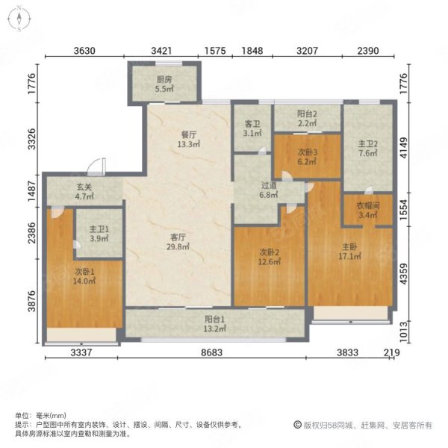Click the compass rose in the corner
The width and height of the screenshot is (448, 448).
click(x=19, y=19)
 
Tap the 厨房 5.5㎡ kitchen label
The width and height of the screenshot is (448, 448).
click(x=164, y=84)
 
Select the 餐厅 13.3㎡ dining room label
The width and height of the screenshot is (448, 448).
click(x=189, y=139)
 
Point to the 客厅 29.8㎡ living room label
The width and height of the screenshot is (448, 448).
click(x=178, y=242)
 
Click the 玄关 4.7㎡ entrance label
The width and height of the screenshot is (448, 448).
click(x=84, y=191)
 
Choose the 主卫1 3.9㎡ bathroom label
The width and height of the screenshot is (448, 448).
click(x=99, y=234)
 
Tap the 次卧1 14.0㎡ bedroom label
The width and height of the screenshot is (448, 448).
click(x=84, y=276)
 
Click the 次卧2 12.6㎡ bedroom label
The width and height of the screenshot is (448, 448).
click(x=269, y=257)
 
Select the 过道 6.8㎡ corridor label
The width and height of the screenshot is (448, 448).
click(x=269, y=190)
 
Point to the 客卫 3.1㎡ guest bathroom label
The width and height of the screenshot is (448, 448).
click(x=252, y=128)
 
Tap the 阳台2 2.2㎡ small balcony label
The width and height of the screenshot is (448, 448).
click(x=307, y=119)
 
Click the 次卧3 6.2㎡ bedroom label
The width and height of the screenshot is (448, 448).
click(x=307, y=157)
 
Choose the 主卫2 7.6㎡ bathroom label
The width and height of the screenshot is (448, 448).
click(x=368, y=149)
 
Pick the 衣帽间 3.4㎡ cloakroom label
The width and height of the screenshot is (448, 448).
click(x=368, y=210)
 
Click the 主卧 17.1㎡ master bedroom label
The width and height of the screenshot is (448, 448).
click(x=349, y=251)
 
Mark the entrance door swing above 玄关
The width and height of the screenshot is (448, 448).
click(x=96, y=167)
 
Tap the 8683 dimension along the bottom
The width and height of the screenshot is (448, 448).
click(x=211, y=352)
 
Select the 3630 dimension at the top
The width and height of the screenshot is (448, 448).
click(x=84, y=51)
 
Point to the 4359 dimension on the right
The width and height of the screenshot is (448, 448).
click(x=403, y=274)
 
